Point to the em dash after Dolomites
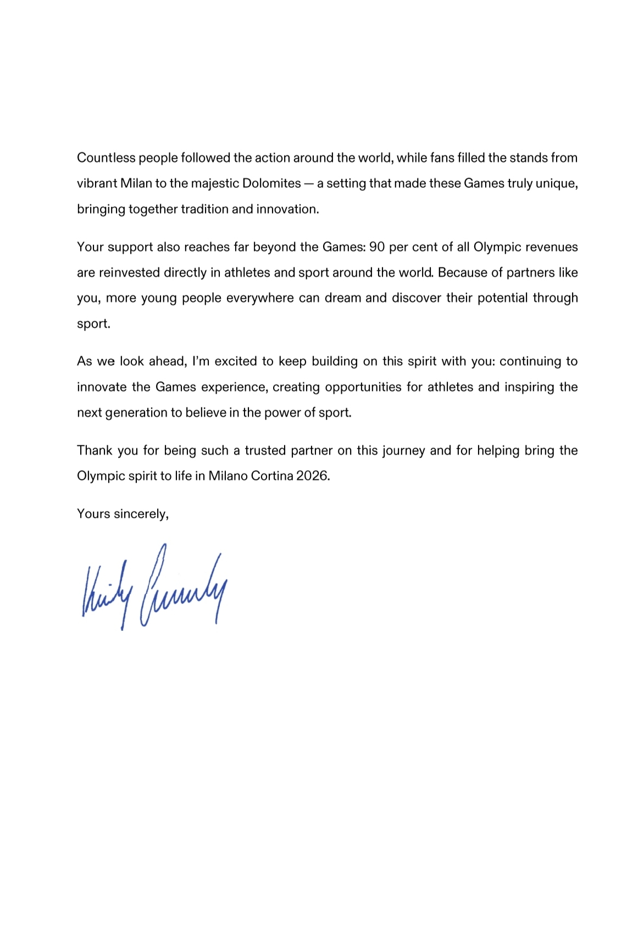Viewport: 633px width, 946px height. click(308, 183)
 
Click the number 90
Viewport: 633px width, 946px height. click(377, 247)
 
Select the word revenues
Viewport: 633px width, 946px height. click(552, 247)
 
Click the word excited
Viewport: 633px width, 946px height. click(236, 361)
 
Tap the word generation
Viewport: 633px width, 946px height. click(137, 413)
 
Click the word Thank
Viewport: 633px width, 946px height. click(95, 451)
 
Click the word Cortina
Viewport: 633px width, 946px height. click(272, 476)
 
